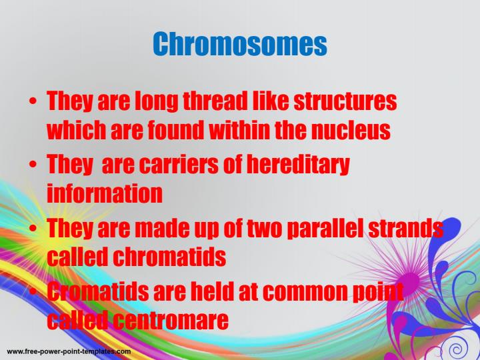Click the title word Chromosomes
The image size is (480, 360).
tap(240, 45)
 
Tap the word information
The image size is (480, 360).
tap(105, 193)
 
